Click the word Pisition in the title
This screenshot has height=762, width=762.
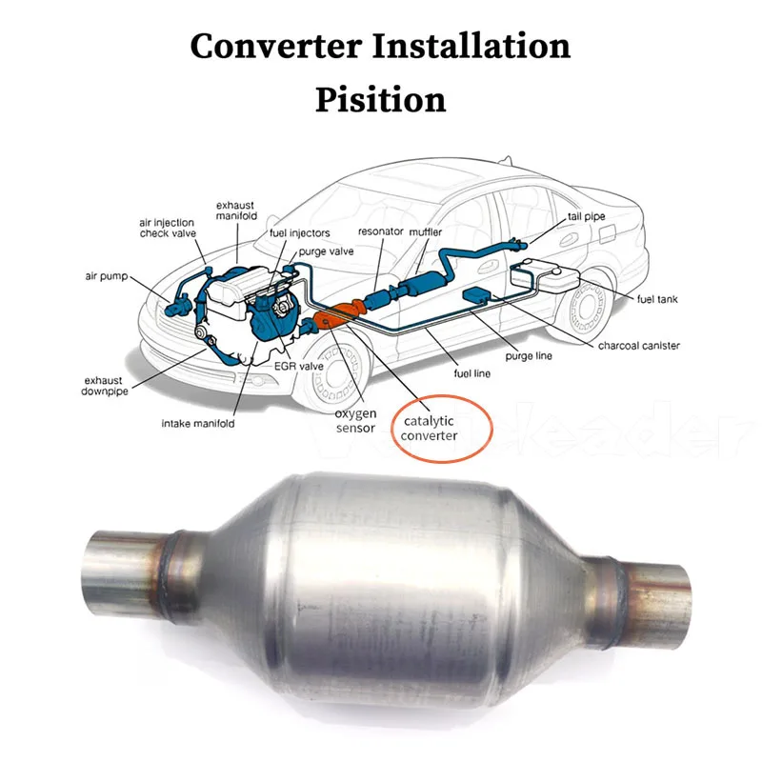pos(380,100)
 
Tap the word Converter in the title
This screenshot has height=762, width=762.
pos(276,46)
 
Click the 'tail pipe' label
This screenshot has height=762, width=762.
pos(586,217)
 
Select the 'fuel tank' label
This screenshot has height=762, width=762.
pos(657,299)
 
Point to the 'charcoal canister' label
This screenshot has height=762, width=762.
pos(638,346)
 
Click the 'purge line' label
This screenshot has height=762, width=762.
pos(529,355)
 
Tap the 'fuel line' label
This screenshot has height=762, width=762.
pos(471,373)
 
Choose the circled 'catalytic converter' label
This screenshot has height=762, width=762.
pos(429,428)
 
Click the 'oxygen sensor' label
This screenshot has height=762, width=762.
pos(355,421)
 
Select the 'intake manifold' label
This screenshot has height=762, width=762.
pos(198,423)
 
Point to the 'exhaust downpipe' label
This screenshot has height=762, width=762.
pos(104,386)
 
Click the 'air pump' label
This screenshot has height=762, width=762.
pos(107,276)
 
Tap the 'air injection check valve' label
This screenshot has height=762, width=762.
pos(168,228)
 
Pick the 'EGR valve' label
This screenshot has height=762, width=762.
pos(299,366)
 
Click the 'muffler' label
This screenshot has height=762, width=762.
pos(425,232)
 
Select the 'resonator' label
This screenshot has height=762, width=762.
pos(380,231)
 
